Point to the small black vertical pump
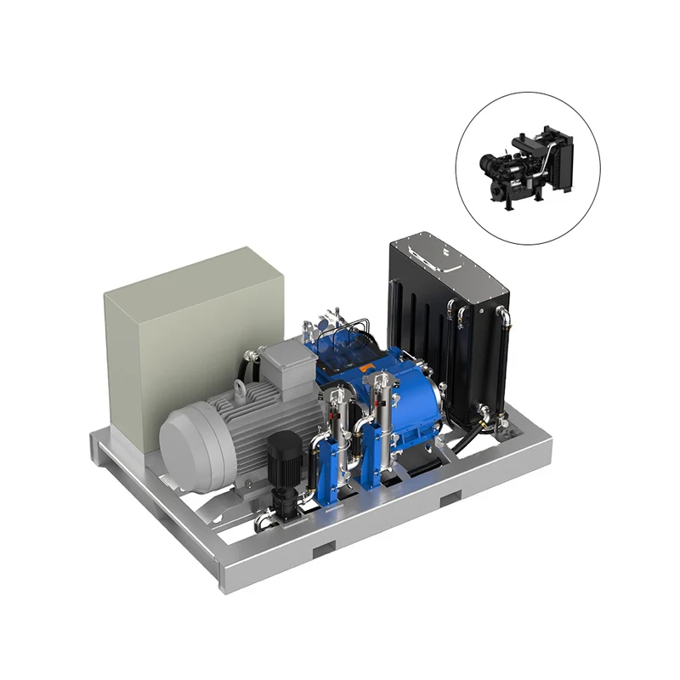tap(281, 472)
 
